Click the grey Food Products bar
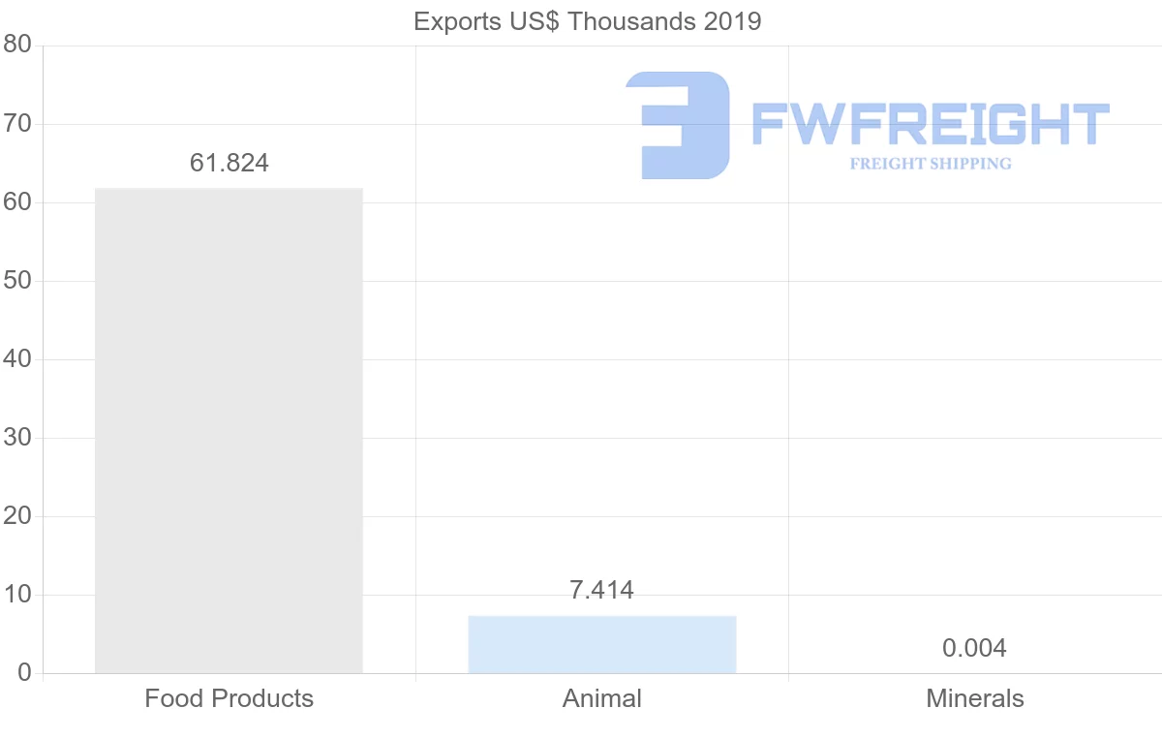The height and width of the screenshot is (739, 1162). click(x=229, y=430)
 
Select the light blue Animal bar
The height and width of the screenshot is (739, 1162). click(x=601, y=644)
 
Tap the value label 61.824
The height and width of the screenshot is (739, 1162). click(x=229, y=163)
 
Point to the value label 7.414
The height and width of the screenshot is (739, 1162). click(x=601, y=590)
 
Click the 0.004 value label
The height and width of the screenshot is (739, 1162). click(x=974, y=648)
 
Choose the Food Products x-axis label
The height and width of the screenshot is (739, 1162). click(x=229, y=698)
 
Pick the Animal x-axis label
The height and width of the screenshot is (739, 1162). click(x=601, y=698)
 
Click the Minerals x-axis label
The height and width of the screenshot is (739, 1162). click(x=974, y=698)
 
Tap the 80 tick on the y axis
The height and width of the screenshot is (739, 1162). click(x=18, y=46)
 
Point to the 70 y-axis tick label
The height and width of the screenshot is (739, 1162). click(x=18, y=124)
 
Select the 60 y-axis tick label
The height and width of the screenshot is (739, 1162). click(x=18, y=202)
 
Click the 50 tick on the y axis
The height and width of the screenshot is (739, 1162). click(x=18, y=281)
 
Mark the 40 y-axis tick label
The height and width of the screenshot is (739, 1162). click(x=18, y=359)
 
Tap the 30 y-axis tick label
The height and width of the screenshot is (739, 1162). click(x=18, y=438)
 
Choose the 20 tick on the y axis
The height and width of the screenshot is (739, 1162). click(x=18, y=516)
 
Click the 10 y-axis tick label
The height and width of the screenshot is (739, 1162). click(x=18, y=595)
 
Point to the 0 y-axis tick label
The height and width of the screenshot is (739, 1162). click(x=24, y=673)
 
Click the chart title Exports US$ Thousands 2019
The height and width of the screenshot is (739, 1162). click(x=587, y=21)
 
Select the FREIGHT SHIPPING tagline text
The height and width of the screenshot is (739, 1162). click(x=931, y=164)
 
